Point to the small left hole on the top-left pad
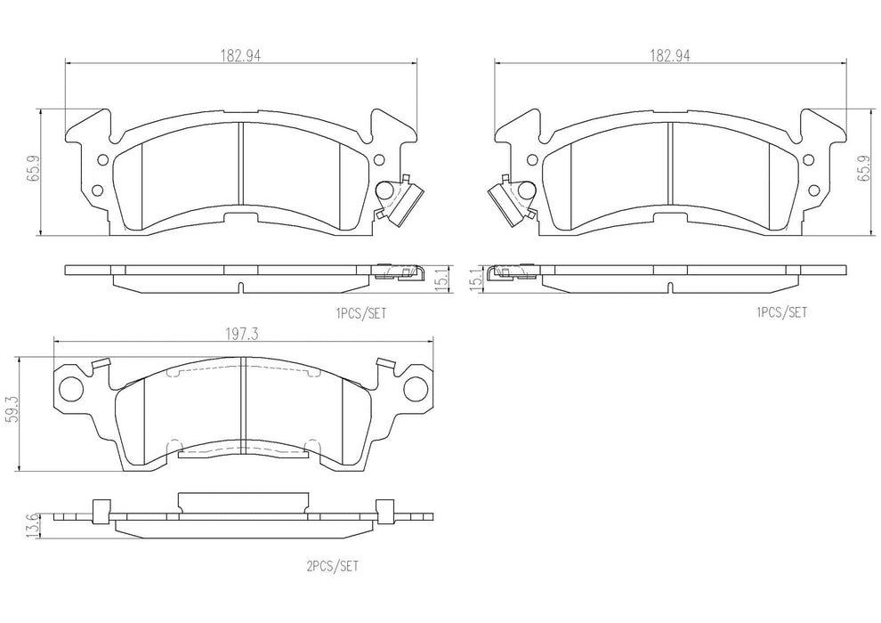[x=101, y=161]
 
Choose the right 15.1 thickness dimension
[x=474, y=279]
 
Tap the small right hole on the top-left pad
[x=380, y=161]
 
